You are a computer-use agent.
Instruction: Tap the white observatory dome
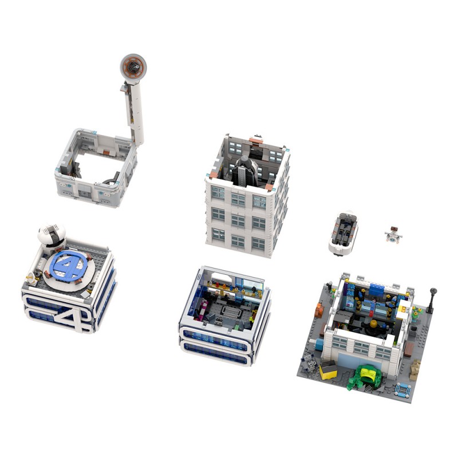pyautogui.click(x=51, y=235)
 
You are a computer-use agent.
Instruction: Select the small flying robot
pyautogui.click(x=393, y=234)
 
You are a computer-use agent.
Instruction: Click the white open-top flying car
pyautogui.click(x=343, y=232)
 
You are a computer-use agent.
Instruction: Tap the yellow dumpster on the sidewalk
pyautogui.click(x=329, y=370)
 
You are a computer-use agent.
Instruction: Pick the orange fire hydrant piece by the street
pyautogui.click(x=319, y=311)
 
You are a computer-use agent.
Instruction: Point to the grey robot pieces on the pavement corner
pyautogui.click(x=308, y=361)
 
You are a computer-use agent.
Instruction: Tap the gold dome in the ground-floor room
pyautogui.click(x=372, y=324)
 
